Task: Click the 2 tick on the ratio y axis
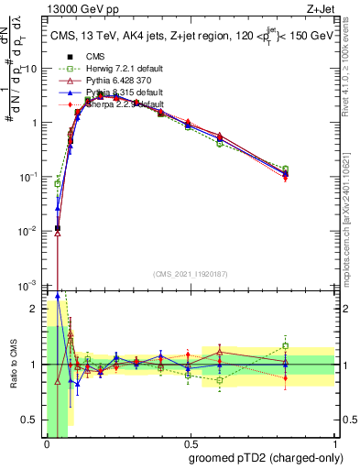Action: [x=36, y=309]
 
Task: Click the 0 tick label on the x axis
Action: [x=47, y=450]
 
